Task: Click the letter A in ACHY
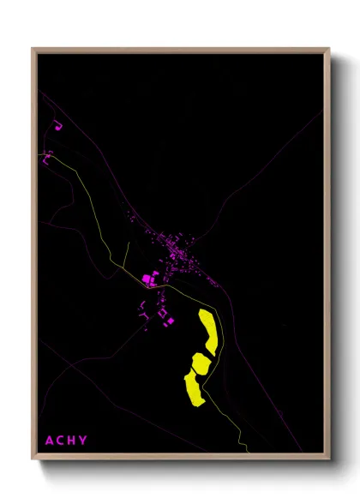click(50, 441)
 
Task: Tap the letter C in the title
click(61, 441)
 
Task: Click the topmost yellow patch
click(208, 330)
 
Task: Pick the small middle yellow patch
click(200, 363)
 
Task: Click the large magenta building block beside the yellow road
click(147, 279)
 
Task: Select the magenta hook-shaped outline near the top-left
click(59, 127)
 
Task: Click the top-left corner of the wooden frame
click(33, 49)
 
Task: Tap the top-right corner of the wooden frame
click(328, 49)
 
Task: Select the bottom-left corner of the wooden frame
click(33, 459)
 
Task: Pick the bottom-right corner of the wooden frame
click(328, 459)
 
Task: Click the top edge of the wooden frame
click(180, 49)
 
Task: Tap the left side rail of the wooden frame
click(34, 257)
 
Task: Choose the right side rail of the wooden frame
click(327, 257)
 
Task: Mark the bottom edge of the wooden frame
click(180, 459)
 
